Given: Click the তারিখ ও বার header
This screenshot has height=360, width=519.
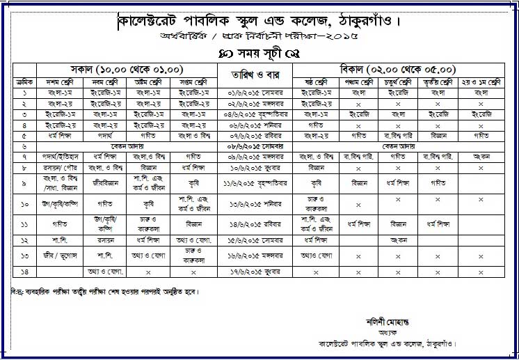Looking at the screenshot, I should (257, 74).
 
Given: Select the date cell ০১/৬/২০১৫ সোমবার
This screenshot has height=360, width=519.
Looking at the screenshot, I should (257, 92).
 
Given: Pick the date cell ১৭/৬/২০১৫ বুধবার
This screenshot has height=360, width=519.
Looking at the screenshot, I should (257, 272).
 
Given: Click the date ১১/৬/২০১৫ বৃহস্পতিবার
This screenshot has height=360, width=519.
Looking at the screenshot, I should (257, 183).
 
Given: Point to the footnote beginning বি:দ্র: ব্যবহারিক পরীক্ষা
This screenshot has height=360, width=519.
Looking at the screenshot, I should (104, 291).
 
